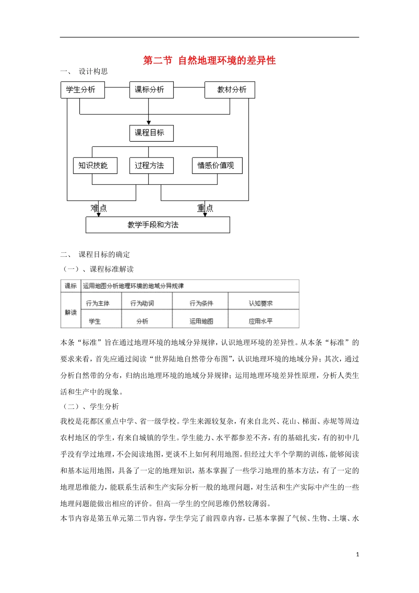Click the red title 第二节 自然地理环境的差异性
click(209, 60)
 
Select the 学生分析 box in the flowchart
click(82, 90)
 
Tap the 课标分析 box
click(151, 90)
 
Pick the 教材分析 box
click(230, 90)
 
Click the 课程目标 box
click(151, 133)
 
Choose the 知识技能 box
click(95, 165)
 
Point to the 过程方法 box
click(151, 165)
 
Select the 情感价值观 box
click(217, 165)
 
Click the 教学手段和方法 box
click(157, 225)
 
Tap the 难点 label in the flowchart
click(99, 208)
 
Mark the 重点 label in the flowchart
click(205, 208)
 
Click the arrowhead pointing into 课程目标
click(149, 122)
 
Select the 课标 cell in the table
click(71, 286)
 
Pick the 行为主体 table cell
click(98, 303)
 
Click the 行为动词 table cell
click(142, 303)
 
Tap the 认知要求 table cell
click(261, 303)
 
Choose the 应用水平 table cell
click(261, 321)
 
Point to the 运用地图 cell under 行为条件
click(201, 321)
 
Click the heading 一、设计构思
click(84, 71)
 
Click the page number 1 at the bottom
click(357, 554)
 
